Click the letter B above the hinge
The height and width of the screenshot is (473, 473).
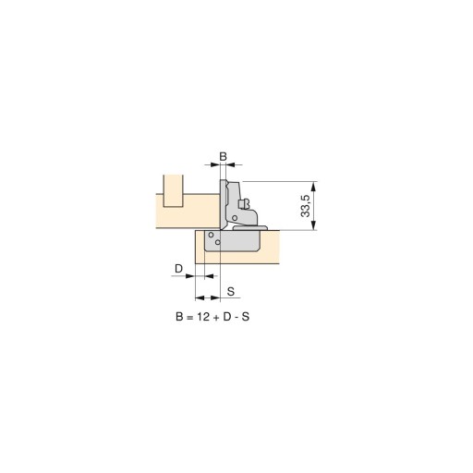223,156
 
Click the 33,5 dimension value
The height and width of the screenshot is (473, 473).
306,206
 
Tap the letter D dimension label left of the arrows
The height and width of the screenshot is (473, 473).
178,269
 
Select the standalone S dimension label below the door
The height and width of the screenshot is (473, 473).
231,291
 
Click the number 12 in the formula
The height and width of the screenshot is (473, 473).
203,317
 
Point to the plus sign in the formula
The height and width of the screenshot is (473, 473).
216,317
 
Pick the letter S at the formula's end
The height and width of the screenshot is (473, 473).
246,317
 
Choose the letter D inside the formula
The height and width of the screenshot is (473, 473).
227,317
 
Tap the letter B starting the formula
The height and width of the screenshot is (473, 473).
179,317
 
